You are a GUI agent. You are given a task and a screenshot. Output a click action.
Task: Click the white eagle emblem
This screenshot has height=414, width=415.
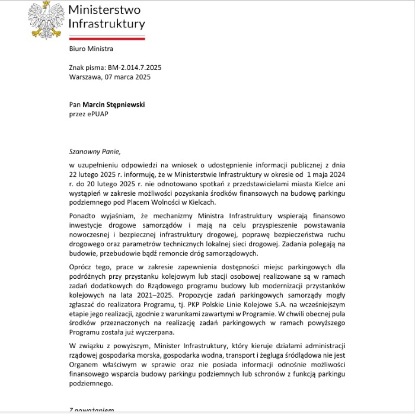pos(46,19)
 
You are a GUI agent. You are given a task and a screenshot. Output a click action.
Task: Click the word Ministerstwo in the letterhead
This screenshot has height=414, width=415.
pos(104,9)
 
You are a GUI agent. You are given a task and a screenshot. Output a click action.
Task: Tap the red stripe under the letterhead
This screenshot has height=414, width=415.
pos(107,37)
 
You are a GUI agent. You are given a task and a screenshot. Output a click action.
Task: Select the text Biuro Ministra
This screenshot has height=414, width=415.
pos(91,49)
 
